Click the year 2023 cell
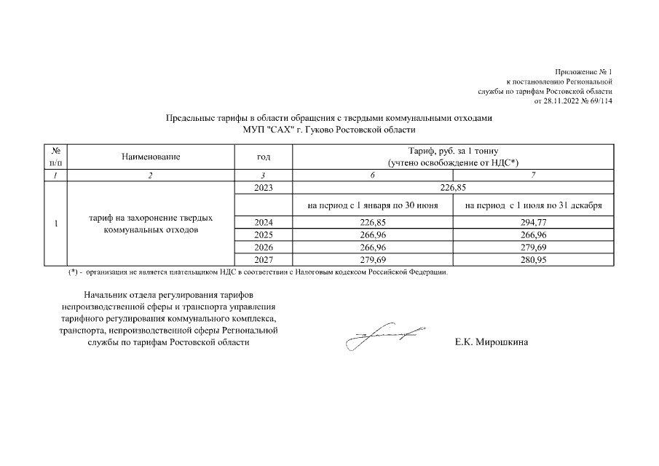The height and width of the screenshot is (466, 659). [263, 187]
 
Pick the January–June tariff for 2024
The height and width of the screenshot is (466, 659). [372, 222]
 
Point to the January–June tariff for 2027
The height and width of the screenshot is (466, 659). [372, 260]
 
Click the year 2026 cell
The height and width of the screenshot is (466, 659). [263, 248]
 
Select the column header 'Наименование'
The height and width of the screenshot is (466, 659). [151, 157]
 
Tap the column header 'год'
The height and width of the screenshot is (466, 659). [264, 157]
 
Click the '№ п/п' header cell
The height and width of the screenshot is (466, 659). [55, 157]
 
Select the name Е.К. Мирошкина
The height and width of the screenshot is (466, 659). [491, 342]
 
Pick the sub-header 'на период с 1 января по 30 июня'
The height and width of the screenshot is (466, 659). [372, 205]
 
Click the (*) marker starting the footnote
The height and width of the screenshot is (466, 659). [74, 273]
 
